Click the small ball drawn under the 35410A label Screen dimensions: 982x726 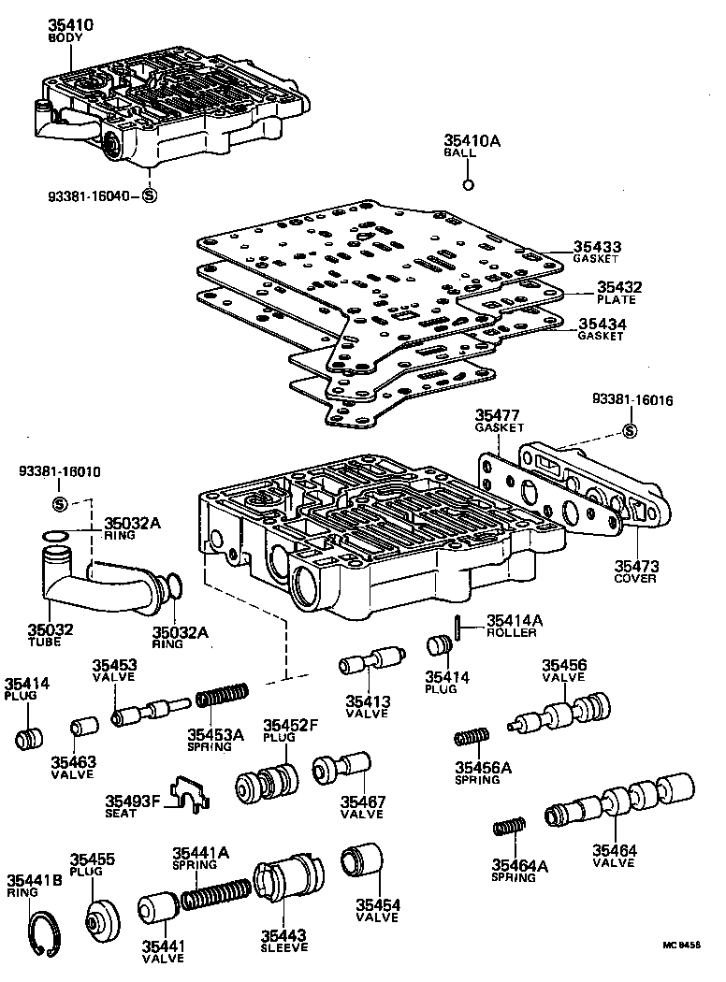tap(471, 182)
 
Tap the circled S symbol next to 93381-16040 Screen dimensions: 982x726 tap(149, 195)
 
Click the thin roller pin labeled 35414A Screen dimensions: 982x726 tap(456, 628)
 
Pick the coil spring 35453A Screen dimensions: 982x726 tap(222, 698)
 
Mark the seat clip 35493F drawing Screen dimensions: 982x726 tap(193, 794)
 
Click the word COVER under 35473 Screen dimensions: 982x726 tap(635, 578)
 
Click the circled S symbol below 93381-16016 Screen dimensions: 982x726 tap(630, 430)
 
